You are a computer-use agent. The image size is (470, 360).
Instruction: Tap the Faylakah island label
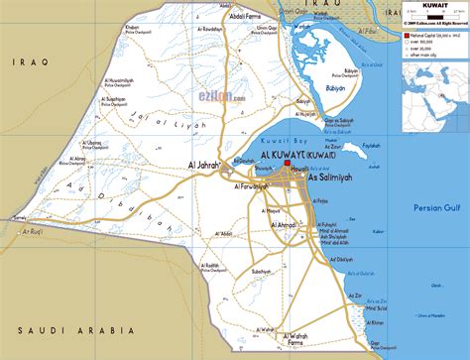click(x=370, y=145)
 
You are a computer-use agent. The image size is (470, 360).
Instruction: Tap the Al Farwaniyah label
click(x=254, y=186)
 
